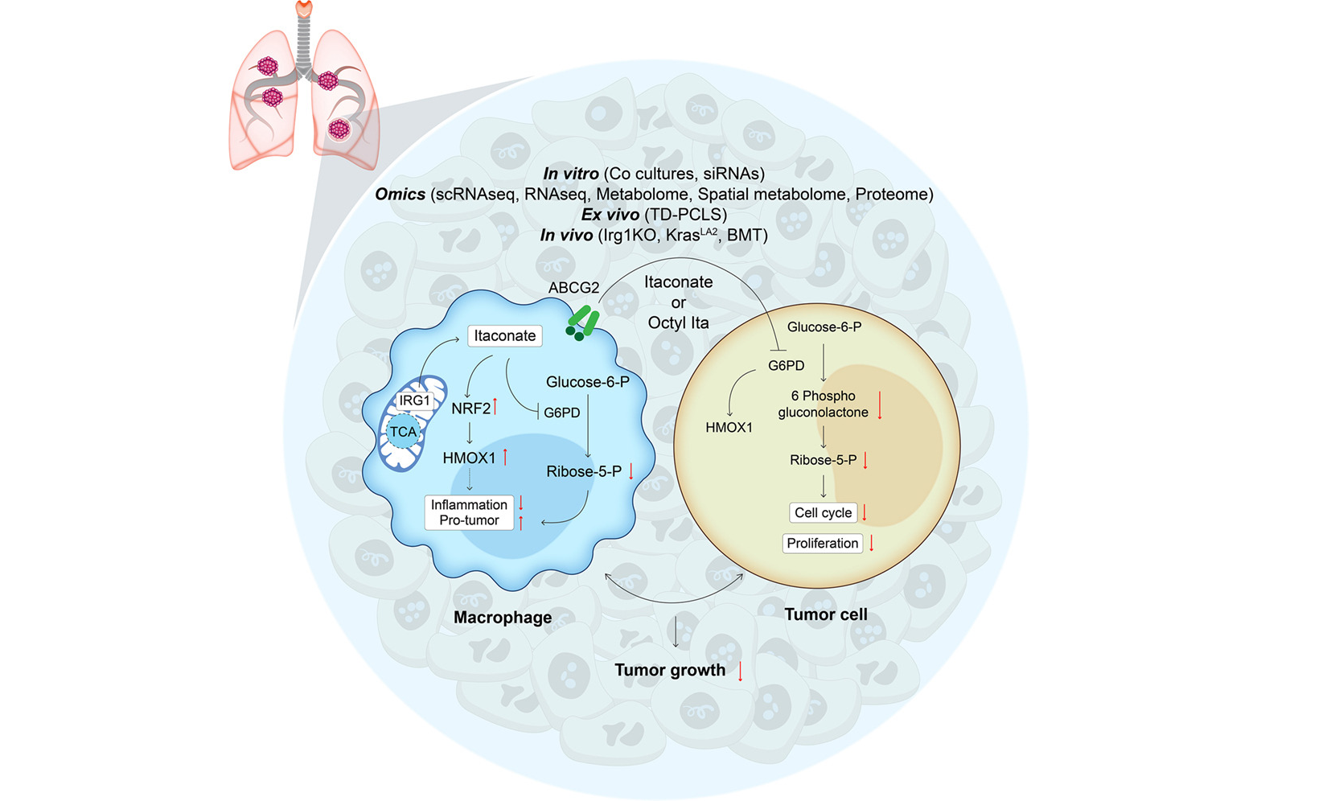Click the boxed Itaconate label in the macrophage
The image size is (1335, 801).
point(505,335)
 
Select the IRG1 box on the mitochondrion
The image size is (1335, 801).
point(414,400)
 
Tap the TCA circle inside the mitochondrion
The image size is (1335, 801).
point(404,432)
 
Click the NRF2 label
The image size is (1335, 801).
point(470,409)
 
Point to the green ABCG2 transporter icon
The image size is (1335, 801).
point(582,322)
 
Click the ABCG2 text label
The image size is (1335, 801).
point(573,288)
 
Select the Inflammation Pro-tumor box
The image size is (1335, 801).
point(469,512)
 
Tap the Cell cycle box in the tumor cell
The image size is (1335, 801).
point(823,512)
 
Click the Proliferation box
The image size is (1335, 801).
point(823,543)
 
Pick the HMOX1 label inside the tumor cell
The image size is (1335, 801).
point(729,427)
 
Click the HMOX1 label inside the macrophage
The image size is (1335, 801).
point(469,458)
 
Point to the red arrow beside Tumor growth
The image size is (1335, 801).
point(741,671)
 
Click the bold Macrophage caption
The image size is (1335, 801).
point(503,618)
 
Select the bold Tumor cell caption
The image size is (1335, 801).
point(825,614)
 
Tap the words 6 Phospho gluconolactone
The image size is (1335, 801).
point(823,404)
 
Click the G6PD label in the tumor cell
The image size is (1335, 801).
point(786,365)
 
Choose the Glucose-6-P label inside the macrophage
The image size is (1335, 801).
point(588,382)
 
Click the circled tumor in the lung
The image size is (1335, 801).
point(339,129)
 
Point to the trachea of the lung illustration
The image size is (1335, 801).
point(304,39)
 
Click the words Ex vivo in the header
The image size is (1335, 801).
point(610,215)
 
